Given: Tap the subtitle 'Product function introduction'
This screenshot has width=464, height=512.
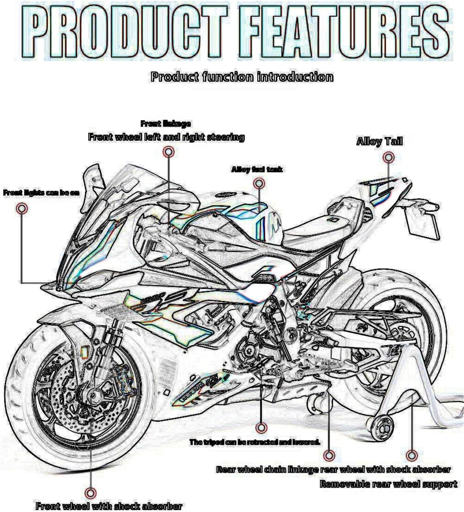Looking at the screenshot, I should pos(242,76).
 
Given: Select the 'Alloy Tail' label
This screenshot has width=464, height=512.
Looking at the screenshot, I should pos(379,141).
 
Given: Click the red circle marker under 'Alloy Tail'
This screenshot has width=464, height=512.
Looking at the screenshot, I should pos(388,157).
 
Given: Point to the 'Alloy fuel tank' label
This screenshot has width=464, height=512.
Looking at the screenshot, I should pos(257,169).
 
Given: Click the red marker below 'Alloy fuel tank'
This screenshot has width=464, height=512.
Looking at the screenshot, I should pos(259,183).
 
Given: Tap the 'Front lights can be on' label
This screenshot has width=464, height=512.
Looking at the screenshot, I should pos(41,193).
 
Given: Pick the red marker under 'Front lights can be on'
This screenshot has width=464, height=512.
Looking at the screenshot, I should pos(22,208).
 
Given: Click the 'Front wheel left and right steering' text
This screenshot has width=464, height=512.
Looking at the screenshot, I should pos(166,137).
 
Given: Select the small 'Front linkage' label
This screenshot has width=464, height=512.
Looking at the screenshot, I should pos(166,124).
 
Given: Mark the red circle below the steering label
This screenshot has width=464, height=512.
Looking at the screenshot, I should pos(168,152).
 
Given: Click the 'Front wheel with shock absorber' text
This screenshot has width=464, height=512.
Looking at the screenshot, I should pos(109,506).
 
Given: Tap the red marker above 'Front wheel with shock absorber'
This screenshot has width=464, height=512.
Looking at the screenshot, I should pos(90,493).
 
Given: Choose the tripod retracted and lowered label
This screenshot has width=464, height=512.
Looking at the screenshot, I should pos(254,442).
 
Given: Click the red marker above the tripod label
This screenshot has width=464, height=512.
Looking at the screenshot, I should pos(261,427).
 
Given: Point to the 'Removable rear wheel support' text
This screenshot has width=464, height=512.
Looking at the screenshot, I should pos(388,484).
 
